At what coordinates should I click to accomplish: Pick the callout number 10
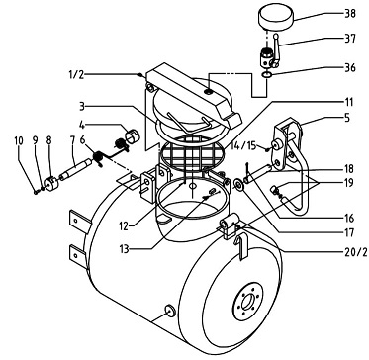coord(19,140)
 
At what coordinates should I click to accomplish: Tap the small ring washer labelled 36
coord(267,75)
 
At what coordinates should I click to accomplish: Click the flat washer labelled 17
coord(237,185)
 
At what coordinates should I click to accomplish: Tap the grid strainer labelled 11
coord(192,153)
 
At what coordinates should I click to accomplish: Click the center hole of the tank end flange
coord(247,302)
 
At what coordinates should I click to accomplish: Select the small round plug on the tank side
coord(170,311)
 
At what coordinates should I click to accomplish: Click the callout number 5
coord(350,118)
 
